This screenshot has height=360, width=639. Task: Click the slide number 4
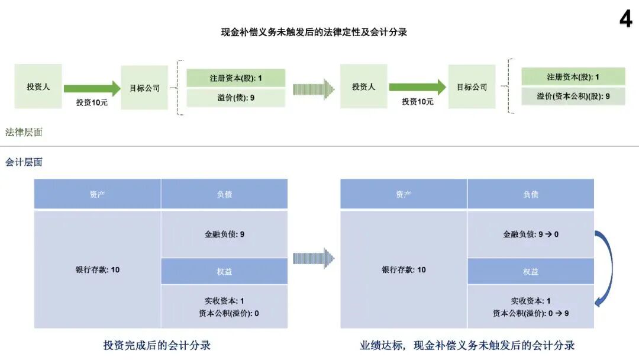coord(625,19)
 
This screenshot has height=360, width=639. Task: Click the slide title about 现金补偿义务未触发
coord(314,33)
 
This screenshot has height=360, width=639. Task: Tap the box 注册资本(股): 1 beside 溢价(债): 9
coord(235,78)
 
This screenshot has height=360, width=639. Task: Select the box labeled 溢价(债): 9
coord(235,98)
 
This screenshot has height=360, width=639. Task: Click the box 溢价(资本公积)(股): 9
coord(573,96)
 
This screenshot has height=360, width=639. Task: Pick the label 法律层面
coord(24,133)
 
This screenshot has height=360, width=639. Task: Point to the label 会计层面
coord(24,162)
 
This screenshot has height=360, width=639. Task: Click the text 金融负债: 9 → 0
coord(531,234)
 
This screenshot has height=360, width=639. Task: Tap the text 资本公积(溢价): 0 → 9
coord(531,313)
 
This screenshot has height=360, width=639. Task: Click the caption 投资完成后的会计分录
coord(157,345)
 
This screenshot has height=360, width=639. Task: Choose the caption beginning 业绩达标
coord(467,345)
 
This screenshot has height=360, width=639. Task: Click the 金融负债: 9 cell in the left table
coord(224,234)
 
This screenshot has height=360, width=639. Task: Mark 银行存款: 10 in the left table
coord(97,270)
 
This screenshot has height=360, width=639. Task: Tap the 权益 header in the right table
coord(531,272)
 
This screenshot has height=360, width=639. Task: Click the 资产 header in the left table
coord(97,194)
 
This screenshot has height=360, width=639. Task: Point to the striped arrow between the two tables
coord(314,258)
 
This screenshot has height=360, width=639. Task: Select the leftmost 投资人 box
coord(38,86)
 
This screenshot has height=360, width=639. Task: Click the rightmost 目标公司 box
coord(472,86)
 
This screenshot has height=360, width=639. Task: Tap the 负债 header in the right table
coord(531,194)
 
